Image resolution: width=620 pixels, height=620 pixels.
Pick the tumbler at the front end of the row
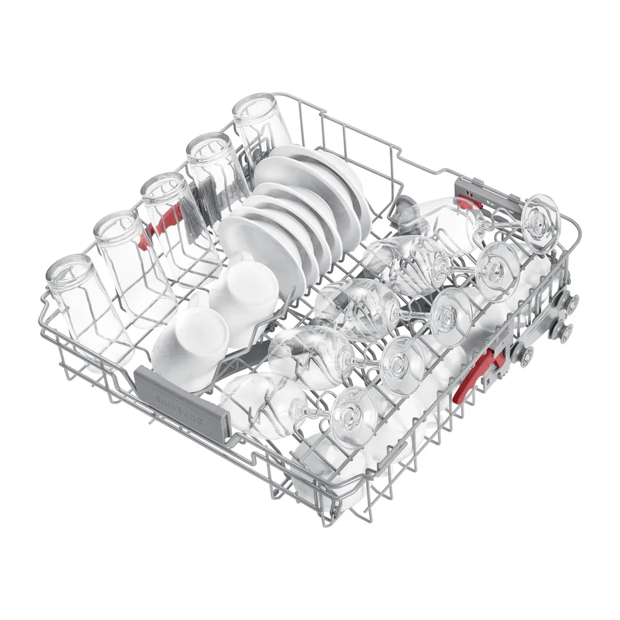point(89,312)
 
